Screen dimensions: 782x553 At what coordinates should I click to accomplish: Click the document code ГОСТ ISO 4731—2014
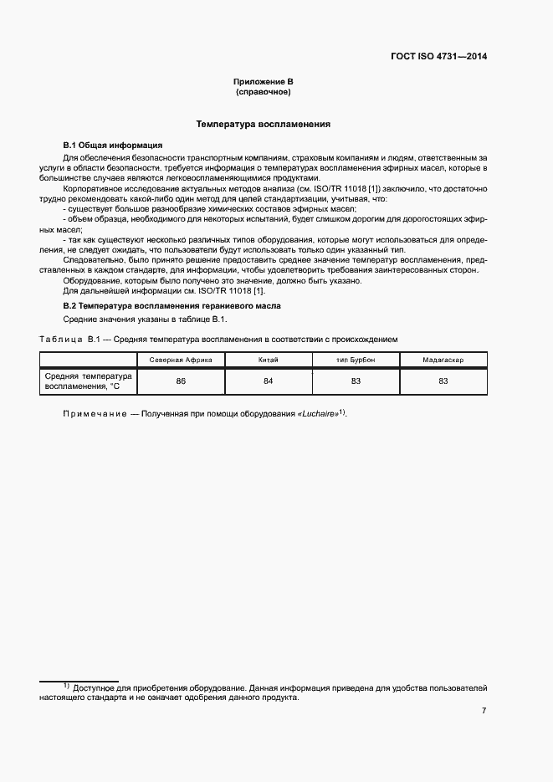[x=438, y=57]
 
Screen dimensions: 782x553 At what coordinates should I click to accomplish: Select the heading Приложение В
[x=263, y=81]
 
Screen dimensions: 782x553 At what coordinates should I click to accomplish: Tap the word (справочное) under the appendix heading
[x=263, y=91]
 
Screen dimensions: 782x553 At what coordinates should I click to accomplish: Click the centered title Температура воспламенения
[x=263, y=124]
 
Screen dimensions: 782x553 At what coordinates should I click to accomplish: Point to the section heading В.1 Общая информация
[x=106, y=145]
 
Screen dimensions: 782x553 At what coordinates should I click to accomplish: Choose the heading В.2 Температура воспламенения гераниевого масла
[x=172, y=306]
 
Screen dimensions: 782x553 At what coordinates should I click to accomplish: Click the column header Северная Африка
[x=181, y=360]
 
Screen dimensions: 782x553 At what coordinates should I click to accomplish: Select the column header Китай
[x=269, y=360]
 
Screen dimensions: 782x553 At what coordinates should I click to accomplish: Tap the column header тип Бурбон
[x=356, y=360]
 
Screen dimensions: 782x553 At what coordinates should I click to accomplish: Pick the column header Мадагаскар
[x=443, y=360]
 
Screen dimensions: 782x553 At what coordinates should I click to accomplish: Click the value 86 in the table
[x=181, y=381]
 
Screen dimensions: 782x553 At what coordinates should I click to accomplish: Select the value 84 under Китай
[x=269, y=381]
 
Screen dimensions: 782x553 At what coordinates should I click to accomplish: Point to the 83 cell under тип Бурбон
[x=356, y=381]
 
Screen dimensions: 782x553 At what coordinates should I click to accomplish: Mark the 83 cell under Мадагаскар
[x=443, y=381]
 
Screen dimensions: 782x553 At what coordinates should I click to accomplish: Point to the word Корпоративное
[x=95, y=189]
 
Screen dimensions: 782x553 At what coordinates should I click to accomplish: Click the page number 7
[x=484, y=711]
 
